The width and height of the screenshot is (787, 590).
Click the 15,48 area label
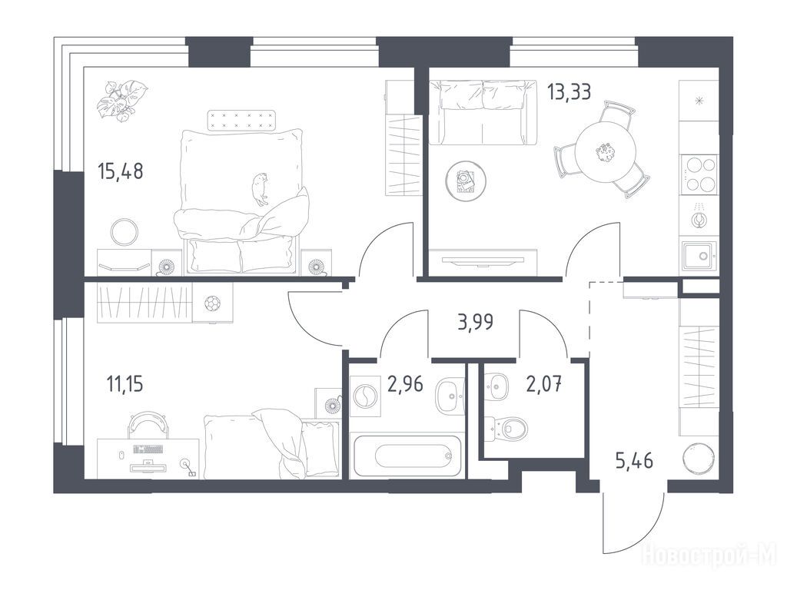point(121,171)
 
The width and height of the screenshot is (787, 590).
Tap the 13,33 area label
point(569,92)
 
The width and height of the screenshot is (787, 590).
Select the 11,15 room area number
point(125,384)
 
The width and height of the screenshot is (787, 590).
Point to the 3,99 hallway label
point(475,322)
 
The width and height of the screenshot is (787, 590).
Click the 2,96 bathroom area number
point(405,384)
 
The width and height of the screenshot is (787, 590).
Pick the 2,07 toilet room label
point(543,385)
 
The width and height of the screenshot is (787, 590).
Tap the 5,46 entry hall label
point(634,459)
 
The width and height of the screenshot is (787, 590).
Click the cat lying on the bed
point(261,189)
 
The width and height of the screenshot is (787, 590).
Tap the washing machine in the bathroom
point(365,396)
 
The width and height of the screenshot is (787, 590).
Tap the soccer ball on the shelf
point(212,303)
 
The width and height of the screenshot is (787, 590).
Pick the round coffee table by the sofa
point(465,181)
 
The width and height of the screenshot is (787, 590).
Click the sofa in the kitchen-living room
point(483,112)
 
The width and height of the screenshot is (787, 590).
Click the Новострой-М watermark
point(710,555)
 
